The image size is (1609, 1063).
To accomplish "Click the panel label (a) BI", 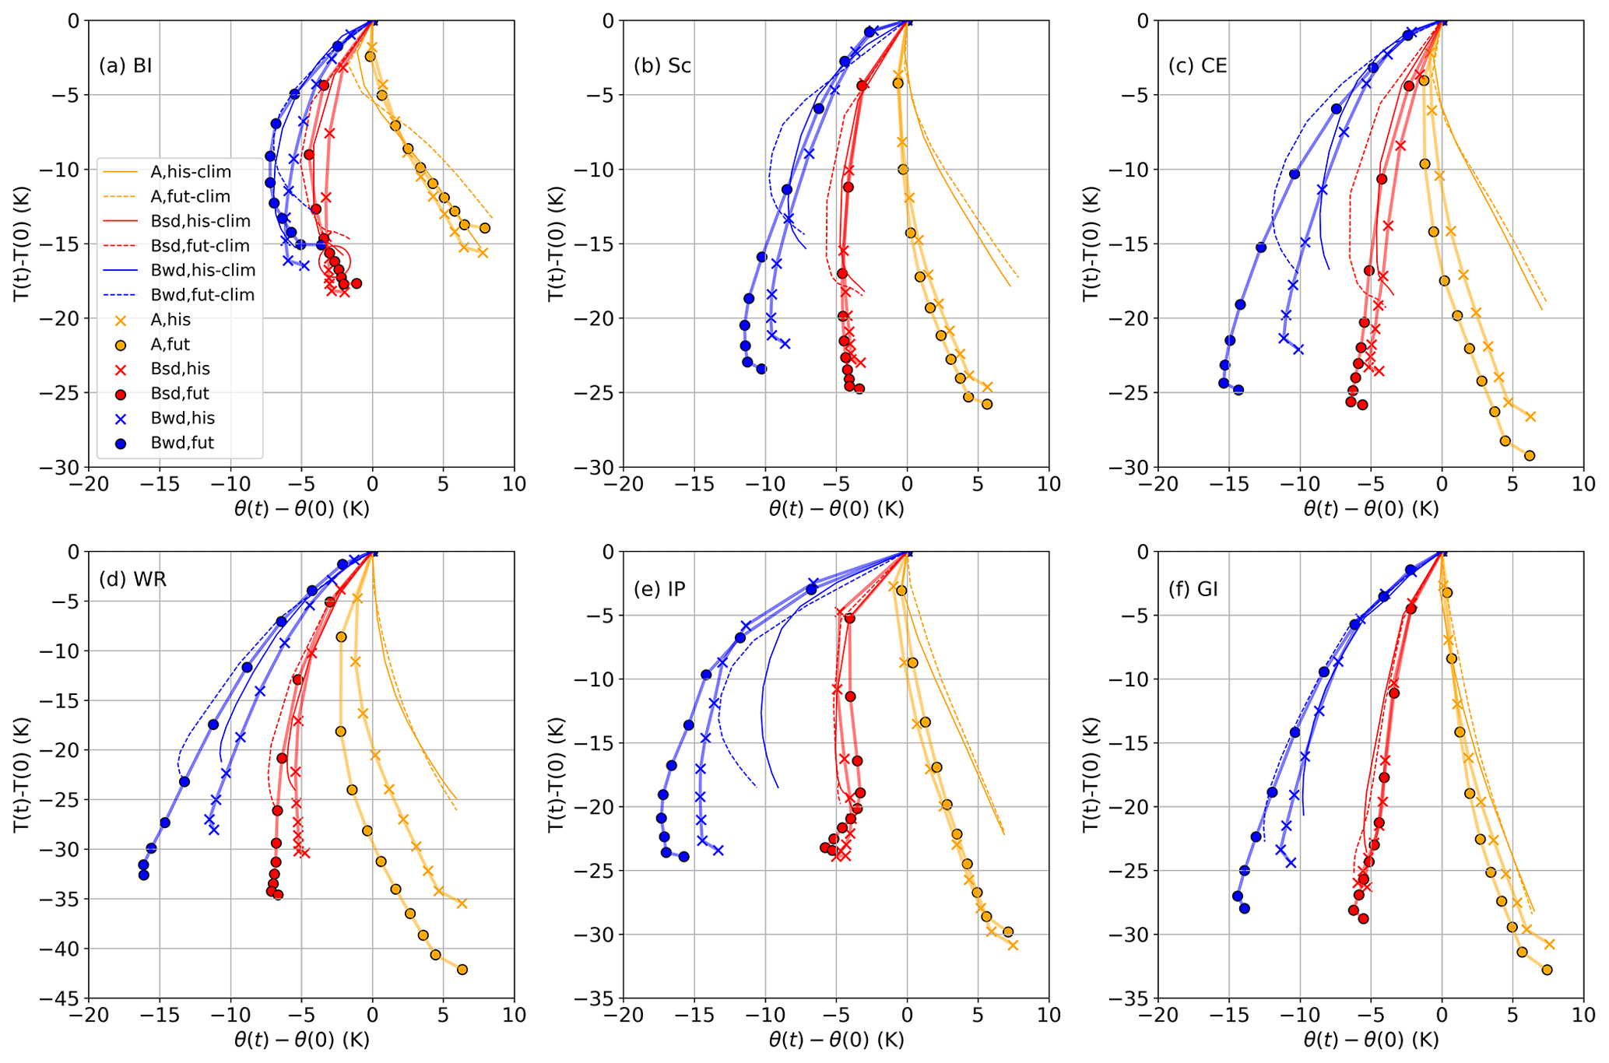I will [x=125, y=65].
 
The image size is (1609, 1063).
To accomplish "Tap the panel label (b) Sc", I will [x=662, y=65].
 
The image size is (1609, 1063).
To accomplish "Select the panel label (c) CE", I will [x=1197, y=65].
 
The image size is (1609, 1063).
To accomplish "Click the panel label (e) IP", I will [x=659, y=589].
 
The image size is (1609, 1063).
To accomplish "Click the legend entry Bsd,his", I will [x=180, y=369].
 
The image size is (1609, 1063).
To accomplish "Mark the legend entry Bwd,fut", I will [x=181, y=443].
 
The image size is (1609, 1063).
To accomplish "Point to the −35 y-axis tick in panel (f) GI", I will [x=1128, y=998].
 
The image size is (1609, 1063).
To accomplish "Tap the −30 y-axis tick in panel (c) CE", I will [x=1128, y=467].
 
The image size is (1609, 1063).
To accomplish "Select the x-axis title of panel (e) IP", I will [x=836, y=1040].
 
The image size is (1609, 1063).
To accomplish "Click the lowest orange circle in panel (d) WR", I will [x=462, y=970].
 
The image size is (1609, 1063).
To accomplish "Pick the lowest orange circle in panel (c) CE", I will [x=1529, y=456].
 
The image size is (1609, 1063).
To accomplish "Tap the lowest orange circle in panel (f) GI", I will [x=1547, y=970].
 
